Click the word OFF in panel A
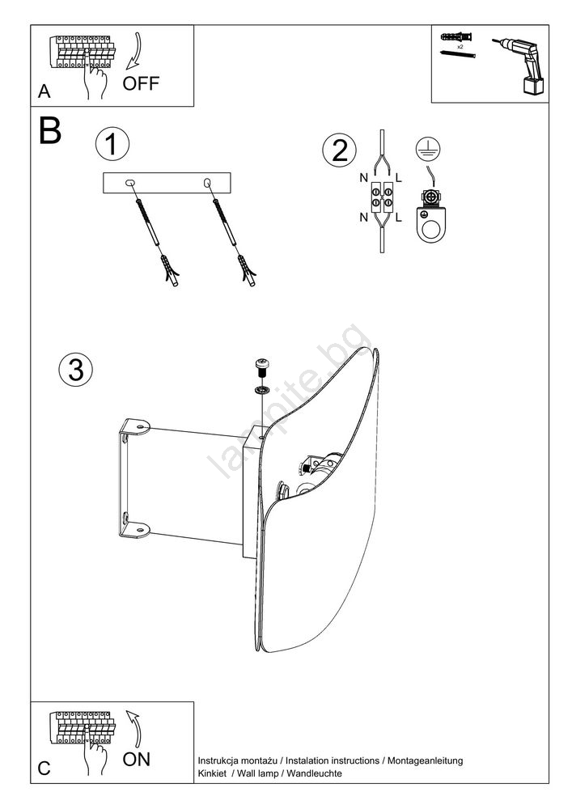[141, 83]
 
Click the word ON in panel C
[136, 760]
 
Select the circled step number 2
[339, 150]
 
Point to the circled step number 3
[75, 369]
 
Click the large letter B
[49, 130]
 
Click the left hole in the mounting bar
[130, 184]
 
